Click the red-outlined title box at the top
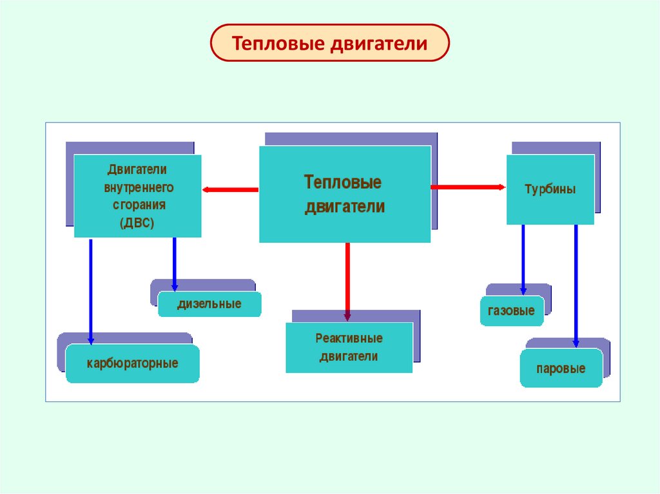[x=329, y=43]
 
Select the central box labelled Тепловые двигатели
[x=345, y=194]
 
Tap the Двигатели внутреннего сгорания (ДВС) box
[x=137, y=196]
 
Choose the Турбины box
[x=550, y=190]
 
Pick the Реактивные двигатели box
[x=349, y=348]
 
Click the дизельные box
[x=209, y=304]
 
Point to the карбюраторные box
[x=132, y=364]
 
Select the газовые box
[x=512, y=311]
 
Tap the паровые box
[x=561, y=368]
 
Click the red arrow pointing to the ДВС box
[x=230, y=190]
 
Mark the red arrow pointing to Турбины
[x=468, y=187]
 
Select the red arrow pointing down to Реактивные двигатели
[x=347, y=281]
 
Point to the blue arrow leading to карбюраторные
[x=91, y=290]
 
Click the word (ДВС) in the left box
[x=137, y=222]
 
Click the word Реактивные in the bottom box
[x=349, y=338]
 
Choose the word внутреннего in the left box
[x=138, y=187]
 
